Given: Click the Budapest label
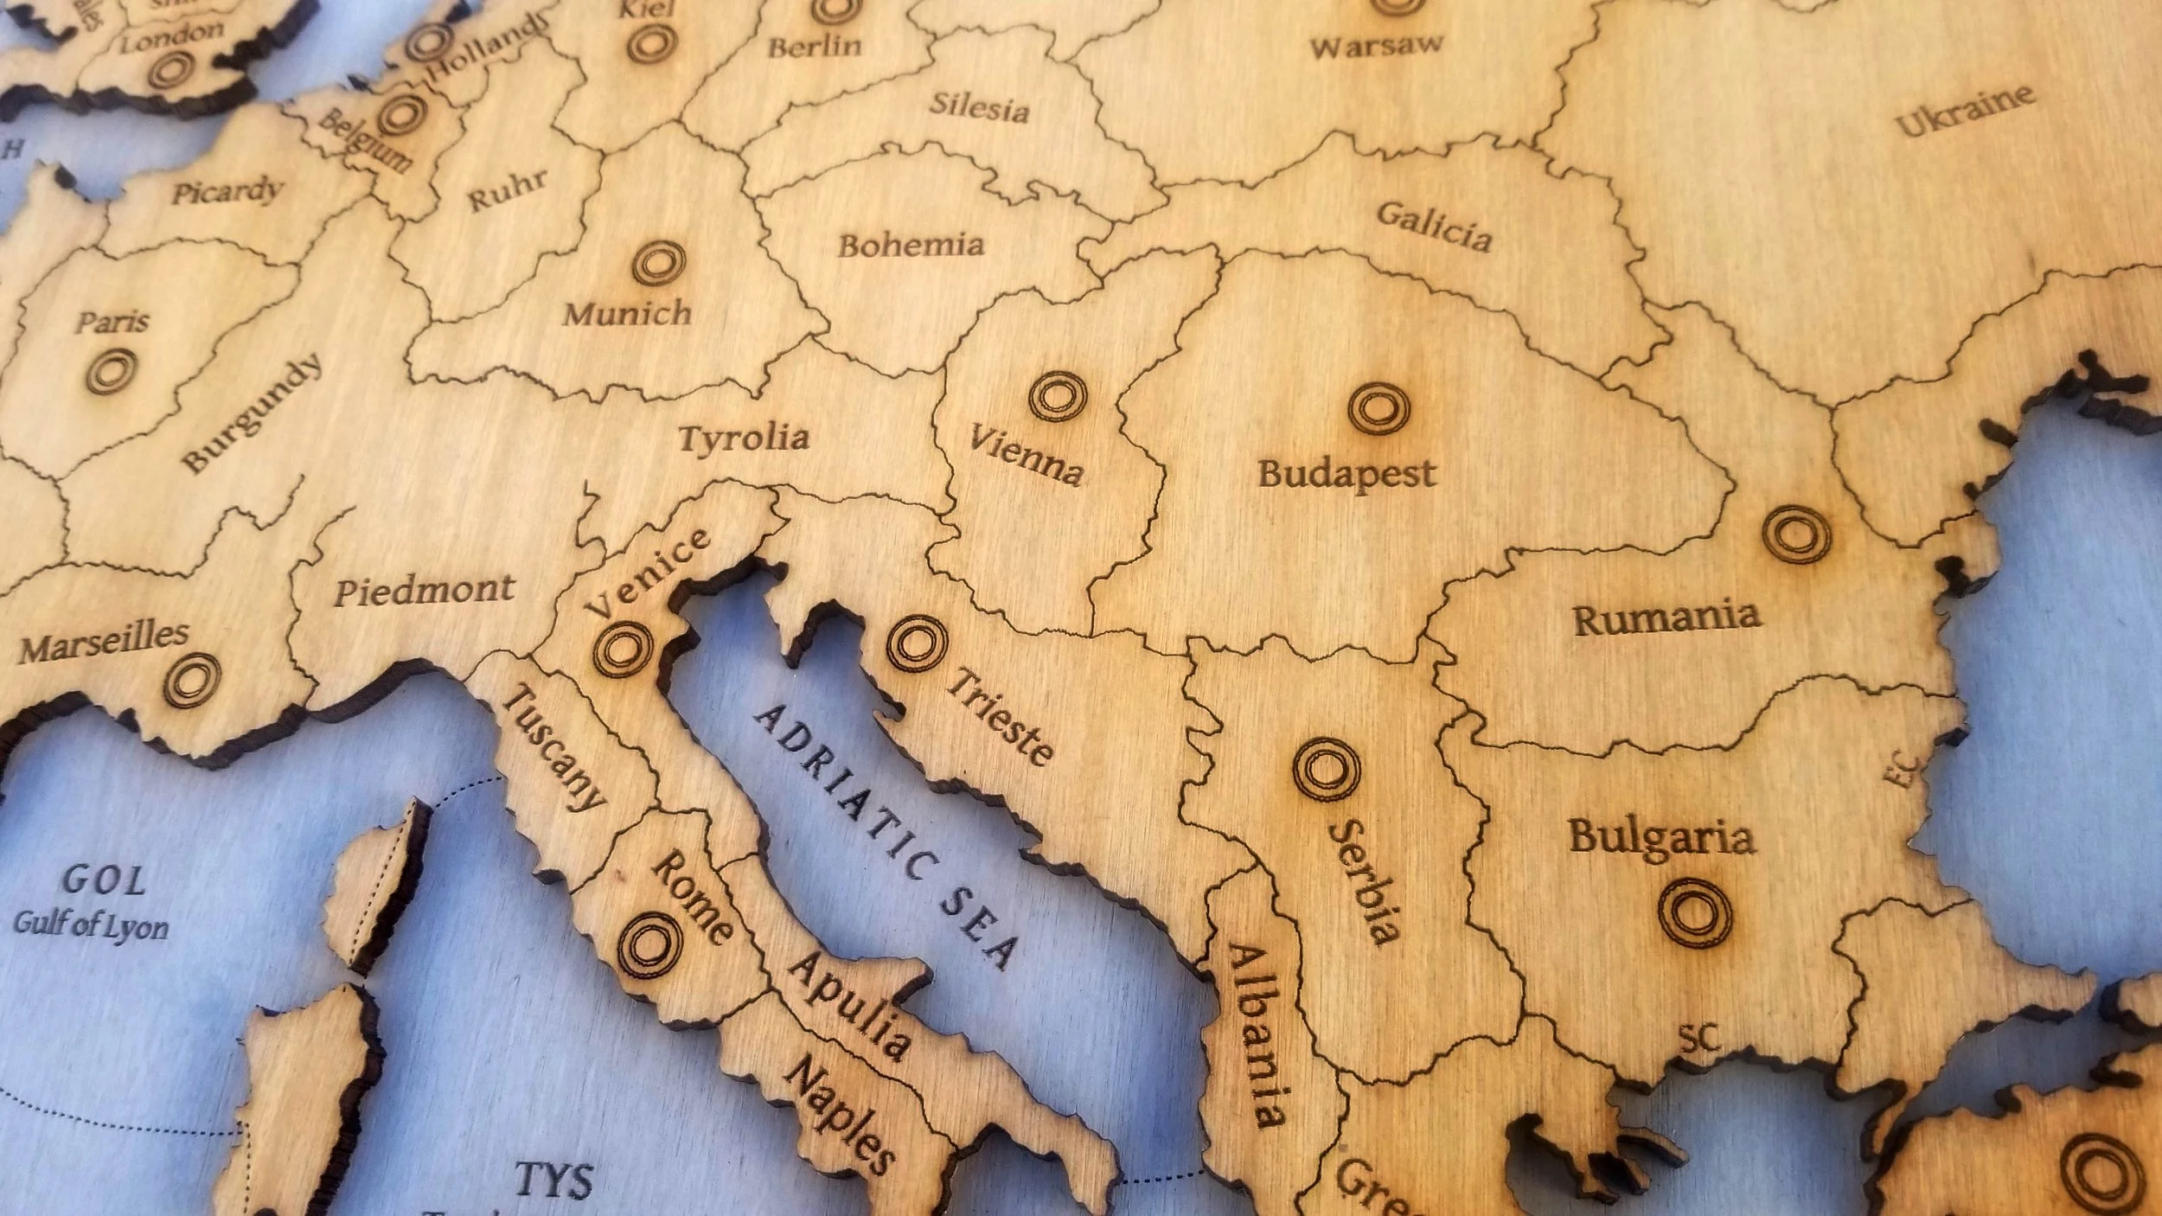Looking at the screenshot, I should pyautogui.click(x=1346, y=474).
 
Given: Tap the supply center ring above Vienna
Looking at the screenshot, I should pyautogui.click(x=1058, y=396).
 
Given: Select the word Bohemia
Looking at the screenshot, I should pyautogui.click(x=911, y=246).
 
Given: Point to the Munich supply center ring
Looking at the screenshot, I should pyautogui.click(x=659, y=262).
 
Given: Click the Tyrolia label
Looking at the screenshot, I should pyautogui.click(x=744, y=438).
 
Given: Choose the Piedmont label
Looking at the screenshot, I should pyautogui.click(x=425, y=591).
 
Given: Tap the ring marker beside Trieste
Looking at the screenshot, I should pyautogui.click(x=917, y=643).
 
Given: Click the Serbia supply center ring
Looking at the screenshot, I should pyautogui.click(x=1326, y=769).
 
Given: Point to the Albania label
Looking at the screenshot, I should pyautogui.click(x=1257, y=1034).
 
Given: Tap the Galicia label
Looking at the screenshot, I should pyautogui.click(x=1434, y=227).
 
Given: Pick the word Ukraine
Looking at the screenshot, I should pyautogui.click(x=1965, y=111).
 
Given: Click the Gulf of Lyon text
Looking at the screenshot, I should pyautogui.click(x=91, y=924).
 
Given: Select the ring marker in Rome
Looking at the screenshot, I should pyautogui.click(x=649, y=945).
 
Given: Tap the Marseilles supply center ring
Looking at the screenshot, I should pyautogui.click(x=192, y=679).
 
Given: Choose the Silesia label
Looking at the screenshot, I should pyautogui.click(x=979, y=107).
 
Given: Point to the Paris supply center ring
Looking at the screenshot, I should pyautogui.click(x=112, y=371).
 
